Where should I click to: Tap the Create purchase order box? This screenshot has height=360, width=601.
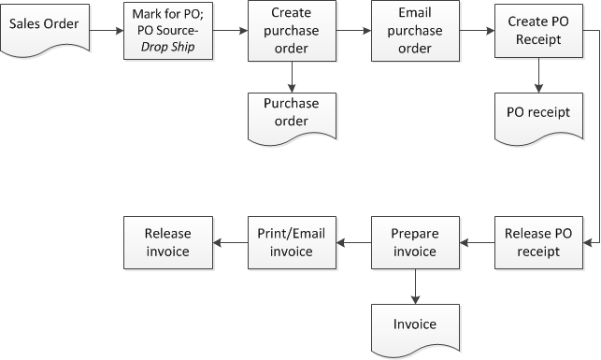(x=292, y=30)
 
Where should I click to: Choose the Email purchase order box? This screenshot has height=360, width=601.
(x=415, y=30)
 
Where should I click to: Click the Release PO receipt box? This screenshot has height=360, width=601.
(x=539, y=243)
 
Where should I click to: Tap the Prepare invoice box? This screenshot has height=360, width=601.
(x=415, y=243)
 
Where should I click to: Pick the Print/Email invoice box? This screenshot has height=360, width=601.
(x=292, y=243)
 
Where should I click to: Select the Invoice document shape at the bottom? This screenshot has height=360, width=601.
(x=415, y=324)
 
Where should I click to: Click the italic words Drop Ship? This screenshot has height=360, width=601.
(x=169, y=48)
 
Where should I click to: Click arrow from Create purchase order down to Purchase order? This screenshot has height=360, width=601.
(x=292, y=75)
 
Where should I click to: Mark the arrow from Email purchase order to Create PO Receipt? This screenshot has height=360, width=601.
(x=477, y=30)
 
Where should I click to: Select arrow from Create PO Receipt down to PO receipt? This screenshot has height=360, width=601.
(x=539, y=75)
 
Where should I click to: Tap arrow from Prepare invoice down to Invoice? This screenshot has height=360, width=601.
(x=415, y=284)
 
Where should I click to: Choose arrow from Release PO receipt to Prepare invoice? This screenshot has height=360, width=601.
(x=477, y=243)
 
